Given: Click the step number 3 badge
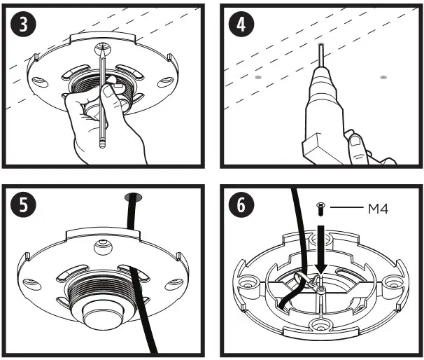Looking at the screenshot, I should pyautogui.click(x=22, y=25).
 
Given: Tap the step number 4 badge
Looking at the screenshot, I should pyautogui.click(x=241, y=25).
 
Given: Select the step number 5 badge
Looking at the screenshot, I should pyautogui.click(x=22, y=207).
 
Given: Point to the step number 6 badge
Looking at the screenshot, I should pyautogui.click(x=241, y=207).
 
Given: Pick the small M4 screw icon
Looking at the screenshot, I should pyautogui.click(x=320, y=208).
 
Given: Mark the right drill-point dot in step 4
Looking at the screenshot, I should pyautogui.click(x=383, y=76).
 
